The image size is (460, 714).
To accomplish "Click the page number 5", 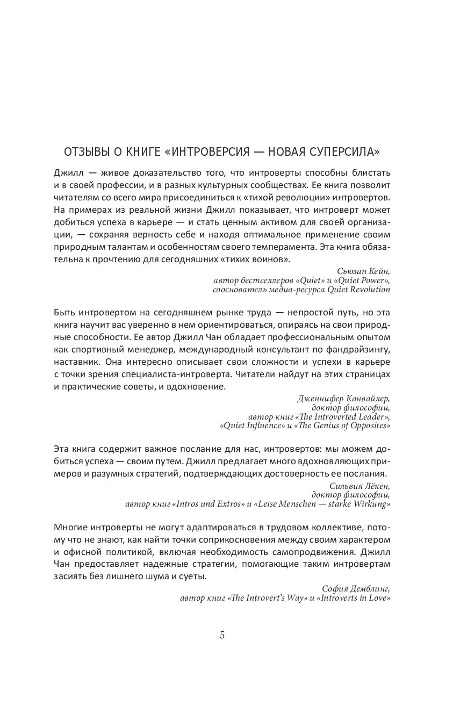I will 222,634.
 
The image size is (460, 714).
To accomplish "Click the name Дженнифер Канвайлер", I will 343,398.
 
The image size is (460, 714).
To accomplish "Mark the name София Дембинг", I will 356,587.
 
